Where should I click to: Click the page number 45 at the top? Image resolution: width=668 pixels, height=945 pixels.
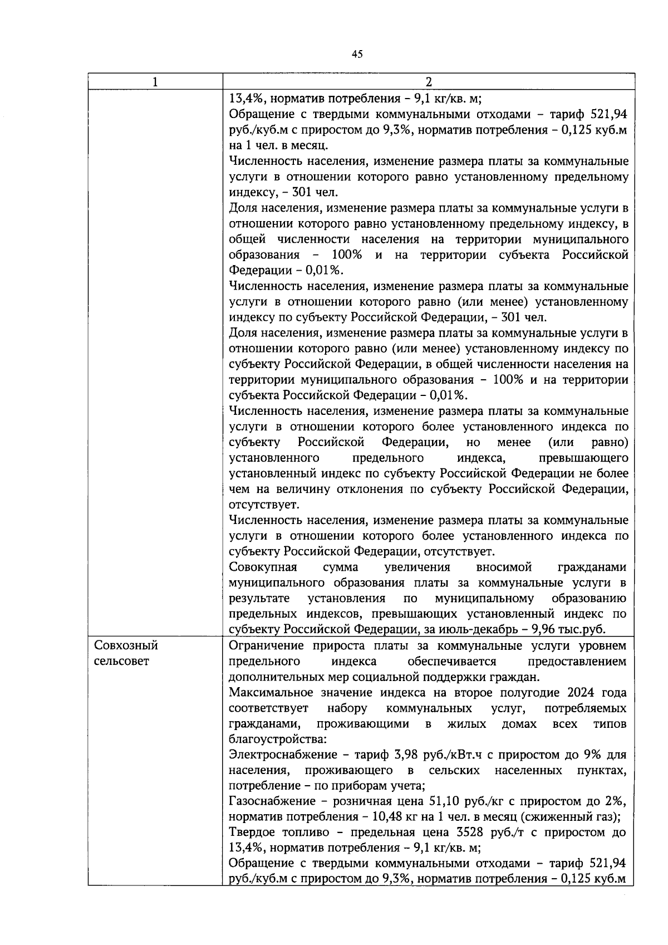[x=357, y=54]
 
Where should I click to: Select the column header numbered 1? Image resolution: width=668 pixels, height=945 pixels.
[x=155, y=82]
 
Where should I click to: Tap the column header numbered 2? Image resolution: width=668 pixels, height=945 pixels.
[x=428, y=82]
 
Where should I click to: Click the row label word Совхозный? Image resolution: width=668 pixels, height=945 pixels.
[x=126, y=645]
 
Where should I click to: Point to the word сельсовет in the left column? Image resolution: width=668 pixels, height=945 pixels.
[x=121, y=662]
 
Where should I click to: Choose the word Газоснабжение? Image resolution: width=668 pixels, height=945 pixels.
[x=272, y=801]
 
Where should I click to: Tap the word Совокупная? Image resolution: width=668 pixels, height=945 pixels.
[x=263, y=567]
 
